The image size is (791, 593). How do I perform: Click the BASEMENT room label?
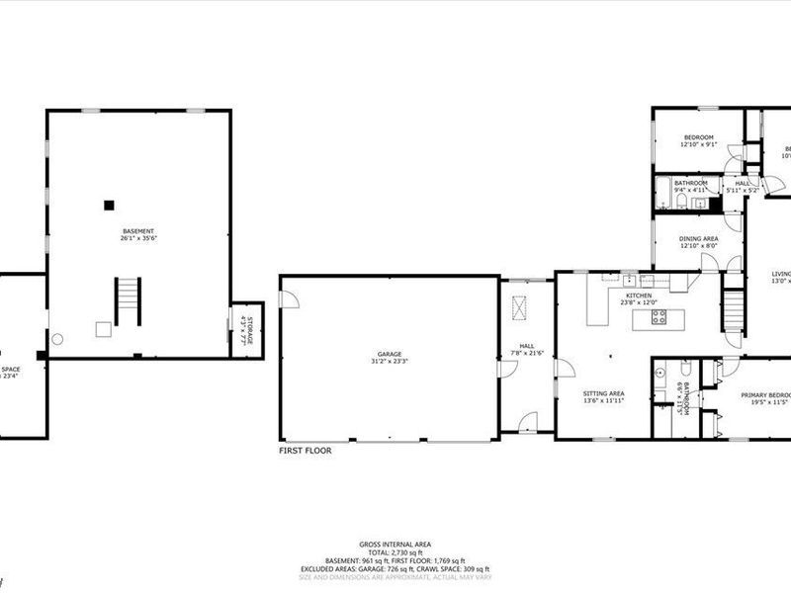point(137,231)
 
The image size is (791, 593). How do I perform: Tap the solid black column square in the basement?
point(109,205)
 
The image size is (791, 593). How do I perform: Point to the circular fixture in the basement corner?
point(57,339)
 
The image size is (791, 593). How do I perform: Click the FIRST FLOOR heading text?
point(305,450)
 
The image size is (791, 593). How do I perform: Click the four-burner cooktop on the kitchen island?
point(659,317)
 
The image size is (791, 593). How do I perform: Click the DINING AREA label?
point(698,238)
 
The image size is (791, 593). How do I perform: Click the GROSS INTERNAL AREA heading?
point(395,544)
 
